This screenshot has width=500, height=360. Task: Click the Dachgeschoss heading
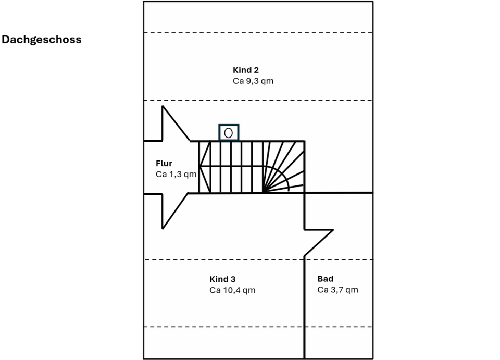(x=42, y=40)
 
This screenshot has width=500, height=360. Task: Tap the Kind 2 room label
(x=246, y=70)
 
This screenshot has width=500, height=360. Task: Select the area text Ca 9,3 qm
(x=253, y=81)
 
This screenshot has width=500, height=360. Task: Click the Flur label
(x=164, y=164)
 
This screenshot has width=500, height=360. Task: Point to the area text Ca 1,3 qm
(x=176, y=175)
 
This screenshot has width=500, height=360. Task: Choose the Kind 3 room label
(x=223, y=279)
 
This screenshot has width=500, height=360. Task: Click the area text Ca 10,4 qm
(x=232, y=290)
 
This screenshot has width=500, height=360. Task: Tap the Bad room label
(x=325, y=279)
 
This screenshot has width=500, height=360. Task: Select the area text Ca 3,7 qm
(x=337, y=290)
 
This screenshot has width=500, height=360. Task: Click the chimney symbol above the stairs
(x=228, y=133)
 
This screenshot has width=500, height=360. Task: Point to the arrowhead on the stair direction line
(x=204, y=167)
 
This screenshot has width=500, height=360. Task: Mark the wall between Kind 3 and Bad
(x=305, y=307)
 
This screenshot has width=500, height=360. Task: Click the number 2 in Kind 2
(x=256, y=70)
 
